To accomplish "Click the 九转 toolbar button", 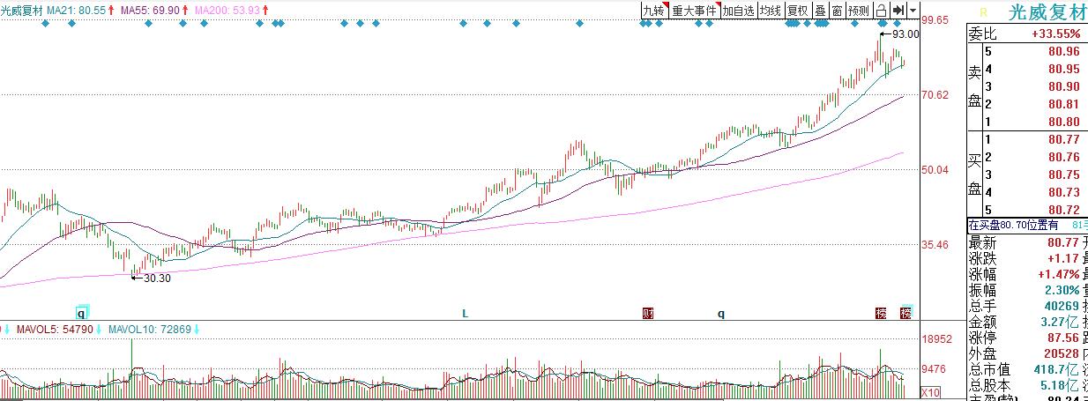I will pyautogui.click(x=653, y=11).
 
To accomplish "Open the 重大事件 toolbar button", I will pyautogui.click(x=695, y=11).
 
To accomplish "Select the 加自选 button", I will pyautogui.click(x=738, y=11).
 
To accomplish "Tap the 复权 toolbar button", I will pyautogui.click(x=797, y=11).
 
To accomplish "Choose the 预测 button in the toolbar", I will pyautogui.click(x=858, y=11).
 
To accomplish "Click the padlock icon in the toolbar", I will pyautogui.click(x=881, y=11).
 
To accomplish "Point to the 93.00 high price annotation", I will pyautogui.click(x=905, y=34).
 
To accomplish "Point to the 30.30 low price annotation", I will pyautogui.click(x=156, y=278).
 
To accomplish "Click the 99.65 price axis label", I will pyautogui.click(x=935, y=19).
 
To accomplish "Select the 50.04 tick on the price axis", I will pyautogui.click(x=935, y=169).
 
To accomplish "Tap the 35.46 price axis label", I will pyautogui.click(x=935, y=244).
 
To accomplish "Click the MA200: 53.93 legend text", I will pyautogui.click(x=227, y=9).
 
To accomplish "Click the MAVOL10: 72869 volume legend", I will pyautogui.click(x=148, y=329).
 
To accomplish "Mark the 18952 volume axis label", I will pyautogui.click(x=936, y=338).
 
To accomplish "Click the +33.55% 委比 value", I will pyautogui.click(x=1054, y=33).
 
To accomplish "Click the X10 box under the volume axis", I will pyautogui.click(x=930, y=392).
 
